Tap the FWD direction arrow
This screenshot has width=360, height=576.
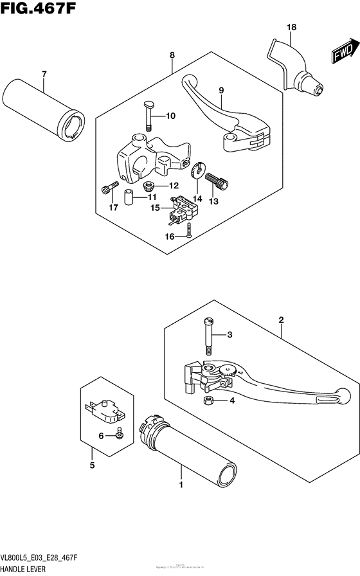pyautogui.click(x=344, y=52)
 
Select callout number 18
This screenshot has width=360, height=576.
pyautogui.click(x=291, y=27)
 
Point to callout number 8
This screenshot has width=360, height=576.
pyautogui.click(x=172, y=56)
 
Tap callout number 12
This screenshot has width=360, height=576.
pyautogui.click(x=173, y=186)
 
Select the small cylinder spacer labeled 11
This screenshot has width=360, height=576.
pyautogui.click(x=129, y=198)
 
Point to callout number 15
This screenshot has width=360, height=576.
pyautogui.click(x=154, y=207)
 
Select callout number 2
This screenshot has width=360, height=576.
pyautogui.click(x=281, y=319)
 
